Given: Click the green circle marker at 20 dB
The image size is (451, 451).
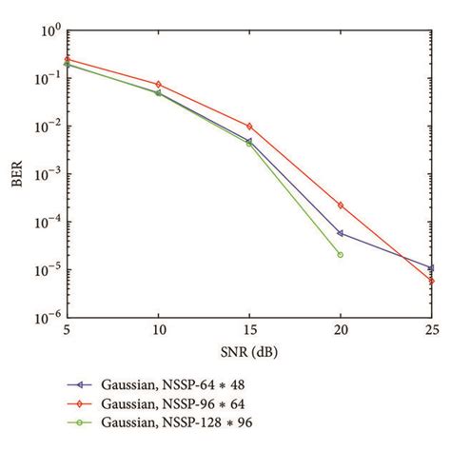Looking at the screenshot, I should [x=341, y=254].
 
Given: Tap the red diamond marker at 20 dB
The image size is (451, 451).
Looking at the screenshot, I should [x=341, y=206].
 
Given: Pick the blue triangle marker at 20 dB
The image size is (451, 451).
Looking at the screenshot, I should [x=341, y=233].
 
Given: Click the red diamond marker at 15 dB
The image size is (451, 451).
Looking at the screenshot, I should [x=249, y=126].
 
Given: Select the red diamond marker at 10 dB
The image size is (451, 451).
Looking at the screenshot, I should [x=158, y=85].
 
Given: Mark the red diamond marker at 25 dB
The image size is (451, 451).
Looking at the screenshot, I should [x=431, y=281].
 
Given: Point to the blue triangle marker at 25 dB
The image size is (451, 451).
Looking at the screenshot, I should [x=431, y=268].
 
